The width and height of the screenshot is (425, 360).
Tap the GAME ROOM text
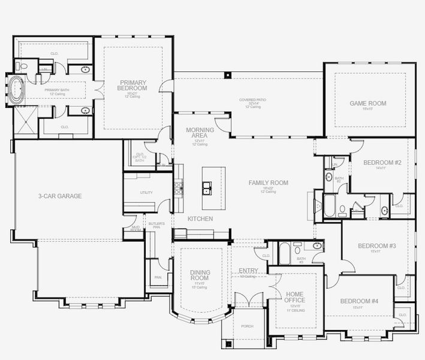point(367,103)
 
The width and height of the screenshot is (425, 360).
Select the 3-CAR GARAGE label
point(59,196)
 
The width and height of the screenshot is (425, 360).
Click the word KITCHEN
point(200,219)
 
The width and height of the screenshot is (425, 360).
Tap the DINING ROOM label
point(200,275)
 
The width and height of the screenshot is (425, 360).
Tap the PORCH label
point(247,326)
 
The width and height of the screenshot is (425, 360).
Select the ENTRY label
point(248,271)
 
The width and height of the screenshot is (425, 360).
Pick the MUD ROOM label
point(135,229)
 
